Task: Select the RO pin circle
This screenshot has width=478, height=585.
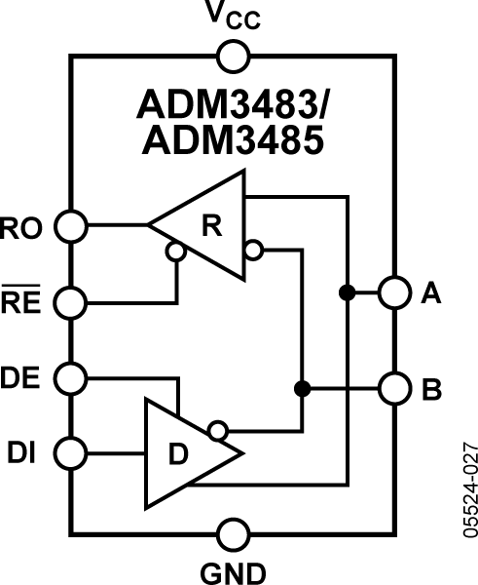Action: tap(69, 226)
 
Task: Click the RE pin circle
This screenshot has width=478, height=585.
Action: tap(69, 300)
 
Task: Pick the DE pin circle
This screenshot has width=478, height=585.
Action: tap(69, 376)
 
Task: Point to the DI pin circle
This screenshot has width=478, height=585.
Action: tap(69, 452)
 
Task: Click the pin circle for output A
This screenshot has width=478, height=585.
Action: tap(394, 292)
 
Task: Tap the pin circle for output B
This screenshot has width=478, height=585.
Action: tap(394, 388)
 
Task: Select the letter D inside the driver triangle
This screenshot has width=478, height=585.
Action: tap(178, 454)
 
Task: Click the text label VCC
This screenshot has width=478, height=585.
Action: tap(232, 17)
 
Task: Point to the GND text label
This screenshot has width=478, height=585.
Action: tap(232, 571)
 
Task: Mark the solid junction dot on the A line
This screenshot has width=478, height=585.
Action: tap(346, 292)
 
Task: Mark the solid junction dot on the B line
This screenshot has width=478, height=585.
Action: tap(302, 388)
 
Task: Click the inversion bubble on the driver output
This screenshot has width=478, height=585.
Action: tap(219, 429)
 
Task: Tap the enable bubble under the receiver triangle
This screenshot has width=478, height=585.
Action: tap(175, 252)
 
